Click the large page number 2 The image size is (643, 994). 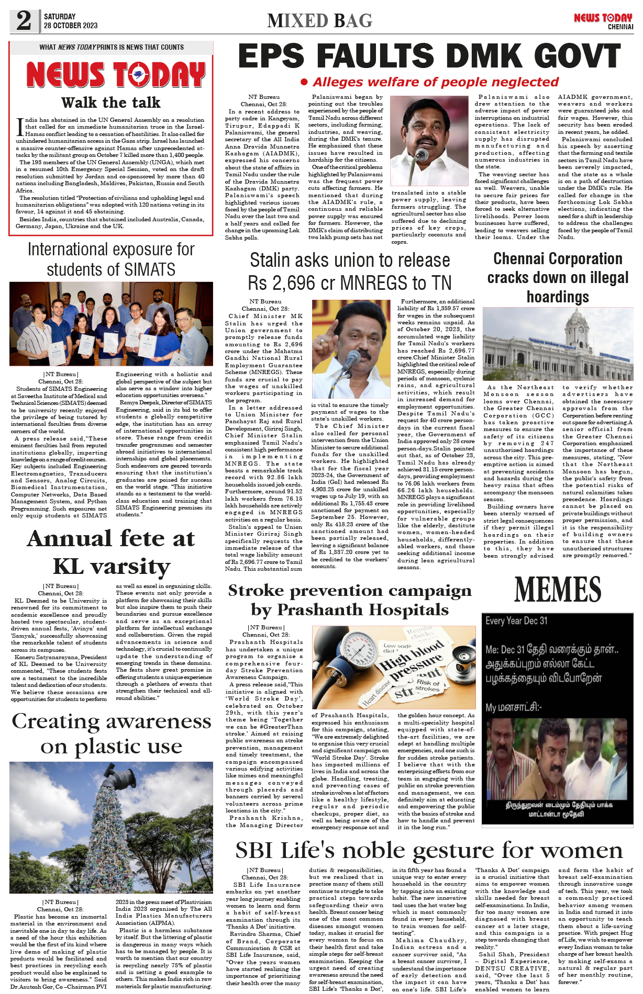(24, 21)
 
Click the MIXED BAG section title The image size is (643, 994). (319, 21)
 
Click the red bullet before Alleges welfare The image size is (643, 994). (304, 82)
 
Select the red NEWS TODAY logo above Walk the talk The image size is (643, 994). (116, 75)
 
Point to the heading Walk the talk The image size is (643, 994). (110, 103)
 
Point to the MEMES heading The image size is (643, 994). (558, 590)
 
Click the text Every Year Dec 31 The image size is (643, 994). (516, 621)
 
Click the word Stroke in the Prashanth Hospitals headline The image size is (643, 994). (256, 591)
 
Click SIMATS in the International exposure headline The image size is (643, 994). (149, 270)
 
